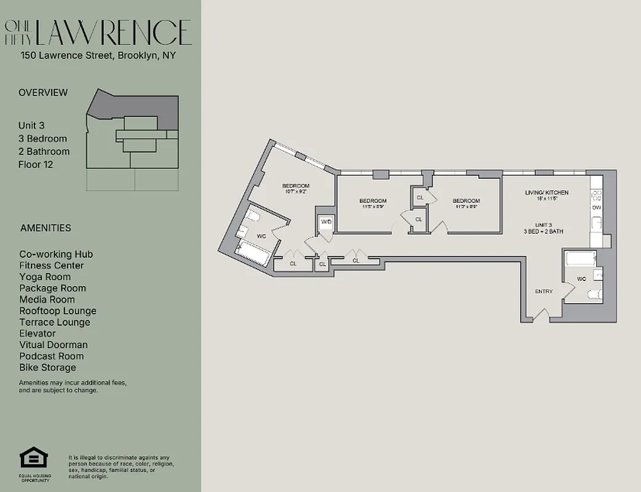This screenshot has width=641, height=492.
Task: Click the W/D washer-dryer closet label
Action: (x=325, y=221)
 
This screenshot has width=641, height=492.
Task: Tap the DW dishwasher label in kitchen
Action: (x=596, y=208)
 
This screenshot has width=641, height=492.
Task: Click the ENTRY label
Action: (x=544, y=292)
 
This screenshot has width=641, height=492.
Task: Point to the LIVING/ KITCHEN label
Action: (x=546, y=192)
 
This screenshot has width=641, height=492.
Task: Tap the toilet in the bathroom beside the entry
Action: (x=593, y=294)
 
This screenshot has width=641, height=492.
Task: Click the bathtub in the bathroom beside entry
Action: (x=580, y=258)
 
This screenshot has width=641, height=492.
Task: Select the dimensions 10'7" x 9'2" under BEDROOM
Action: (x=295, y=192)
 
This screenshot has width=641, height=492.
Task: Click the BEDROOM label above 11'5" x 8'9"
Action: (x=373, y=201)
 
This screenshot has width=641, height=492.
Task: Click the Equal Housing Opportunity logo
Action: (x=34, y=459)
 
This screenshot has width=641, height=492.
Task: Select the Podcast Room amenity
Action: (x=51, y=356)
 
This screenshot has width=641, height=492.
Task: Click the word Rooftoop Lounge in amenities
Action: (x=57, y=311)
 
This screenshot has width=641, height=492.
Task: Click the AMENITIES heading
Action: (x=46, y=228)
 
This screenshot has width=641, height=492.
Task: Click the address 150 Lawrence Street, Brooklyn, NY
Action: (x=98, y=55)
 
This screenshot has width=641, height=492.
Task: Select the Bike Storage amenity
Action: (x=47, y=367)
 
